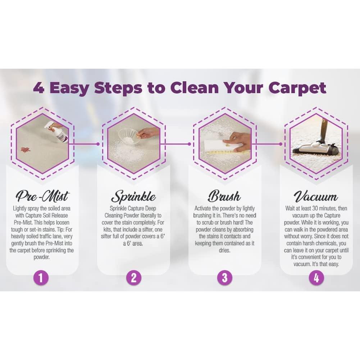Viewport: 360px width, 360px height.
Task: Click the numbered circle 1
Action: (41, 278)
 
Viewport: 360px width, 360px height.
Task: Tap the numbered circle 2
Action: (133, 278)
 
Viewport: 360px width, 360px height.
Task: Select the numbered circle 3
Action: (225, 278)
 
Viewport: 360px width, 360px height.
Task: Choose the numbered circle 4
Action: (316, 278)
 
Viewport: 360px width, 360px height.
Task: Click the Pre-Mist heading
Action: (42, 196)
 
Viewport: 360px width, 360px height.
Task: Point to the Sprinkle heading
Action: (133, 196)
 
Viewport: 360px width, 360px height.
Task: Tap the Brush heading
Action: (224, 196)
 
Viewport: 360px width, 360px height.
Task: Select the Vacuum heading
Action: (316, 196)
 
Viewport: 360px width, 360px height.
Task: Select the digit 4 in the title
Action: (39, 88)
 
